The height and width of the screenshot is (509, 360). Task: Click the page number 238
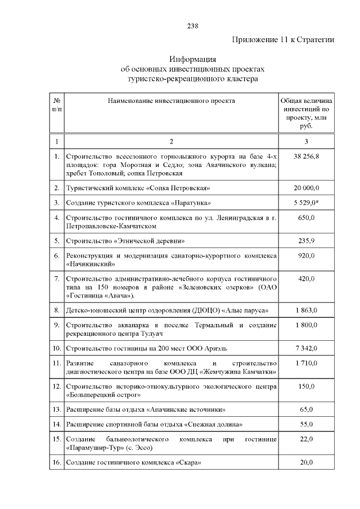point(192,26)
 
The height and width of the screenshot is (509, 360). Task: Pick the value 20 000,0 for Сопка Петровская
point(306,187)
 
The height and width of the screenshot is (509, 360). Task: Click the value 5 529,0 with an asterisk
point(306,202)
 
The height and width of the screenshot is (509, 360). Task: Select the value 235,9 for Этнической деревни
point(306,241)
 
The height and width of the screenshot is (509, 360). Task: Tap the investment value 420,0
point(306,278)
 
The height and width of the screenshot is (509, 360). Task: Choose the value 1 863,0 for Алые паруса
point(306,310)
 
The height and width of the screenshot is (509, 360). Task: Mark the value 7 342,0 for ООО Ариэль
point(306,348)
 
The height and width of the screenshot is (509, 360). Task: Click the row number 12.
point(57,387)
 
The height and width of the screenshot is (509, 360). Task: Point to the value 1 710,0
point(306,363)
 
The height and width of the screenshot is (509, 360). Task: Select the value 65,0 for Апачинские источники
point(306,410)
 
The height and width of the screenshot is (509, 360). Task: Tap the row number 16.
point(57,462)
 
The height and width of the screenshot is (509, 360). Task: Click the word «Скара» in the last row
point(188,462)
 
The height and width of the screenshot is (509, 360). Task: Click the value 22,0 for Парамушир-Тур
point(306,439)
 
